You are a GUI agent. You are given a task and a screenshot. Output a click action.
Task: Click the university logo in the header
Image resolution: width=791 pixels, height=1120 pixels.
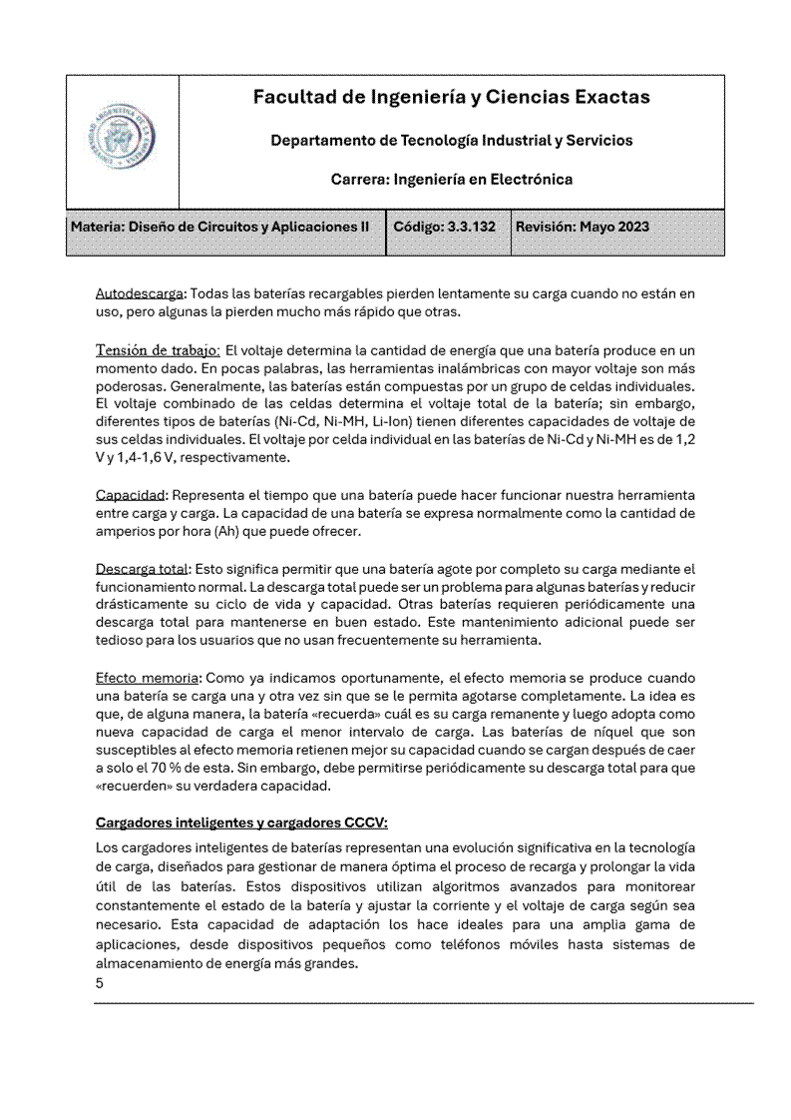[x=122, y=141]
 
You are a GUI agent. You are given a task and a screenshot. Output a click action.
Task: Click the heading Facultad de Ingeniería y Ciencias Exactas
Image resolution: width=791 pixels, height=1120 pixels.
[x=451, y=97]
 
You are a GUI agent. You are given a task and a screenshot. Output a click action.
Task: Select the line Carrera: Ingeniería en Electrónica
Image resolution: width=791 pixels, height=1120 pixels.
[x=451, y=181]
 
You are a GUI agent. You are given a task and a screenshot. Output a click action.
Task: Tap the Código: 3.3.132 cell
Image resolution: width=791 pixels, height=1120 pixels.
[x=445, y=227]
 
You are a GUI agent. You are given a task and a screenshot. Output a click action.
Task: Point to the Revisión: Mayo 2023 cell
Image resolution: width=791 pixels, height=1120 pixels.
[x=583, y=227]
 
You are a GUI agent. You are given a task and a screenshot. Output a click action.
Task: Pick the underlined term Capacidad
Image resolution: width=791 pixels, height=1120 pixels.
[x=131, y=495]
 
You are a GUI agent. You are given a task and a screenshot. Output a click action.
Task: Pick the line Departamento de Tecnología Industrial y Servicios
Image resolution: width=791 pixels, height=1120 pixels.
[x=451, y=141]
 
